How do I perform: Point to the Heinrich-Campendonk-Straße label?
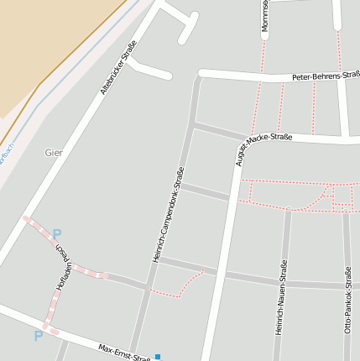pos(168,215)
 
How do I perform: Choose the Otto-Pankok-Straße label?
pos(347,300)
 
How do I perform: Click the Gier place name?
pos(53,153)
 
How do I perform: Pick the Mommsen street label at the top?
pos(264,17)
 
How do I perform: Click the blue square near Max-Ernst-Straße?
pos(157,357)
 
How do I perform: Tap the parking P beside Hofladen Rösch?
pos(57,234)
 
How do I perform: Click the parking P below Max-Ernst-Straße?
pos(38,336)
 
